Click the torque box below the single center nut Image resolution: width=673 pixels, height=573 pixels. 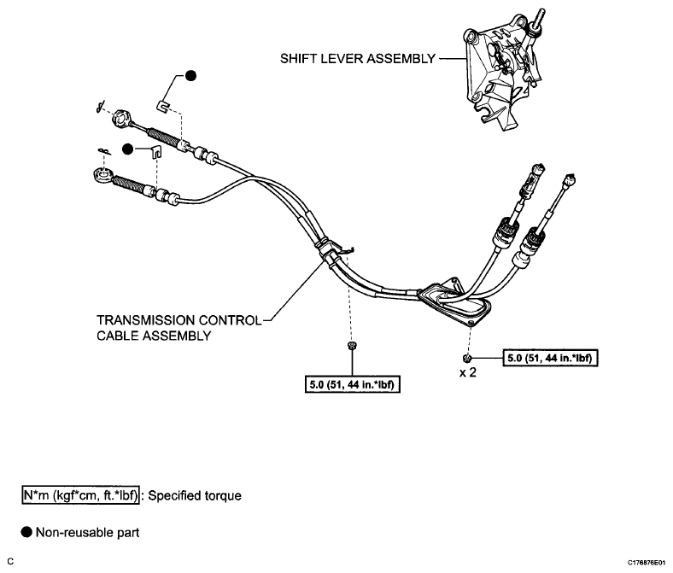[x=354, y=385]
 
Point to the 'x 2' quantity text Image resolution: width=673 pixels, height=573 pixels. [x=467, y=374]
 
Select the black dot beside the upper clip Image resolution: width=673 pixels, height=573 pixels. [x=190, y=76]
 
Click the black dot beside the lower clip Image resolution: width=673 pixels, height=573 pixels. [x=127, y=149]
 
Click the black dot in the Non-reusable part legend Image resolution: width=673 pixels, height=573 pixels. [x=27, y=532]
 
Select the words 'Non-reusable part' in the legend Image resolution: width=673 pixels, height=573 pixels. [x=88, y=532]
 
